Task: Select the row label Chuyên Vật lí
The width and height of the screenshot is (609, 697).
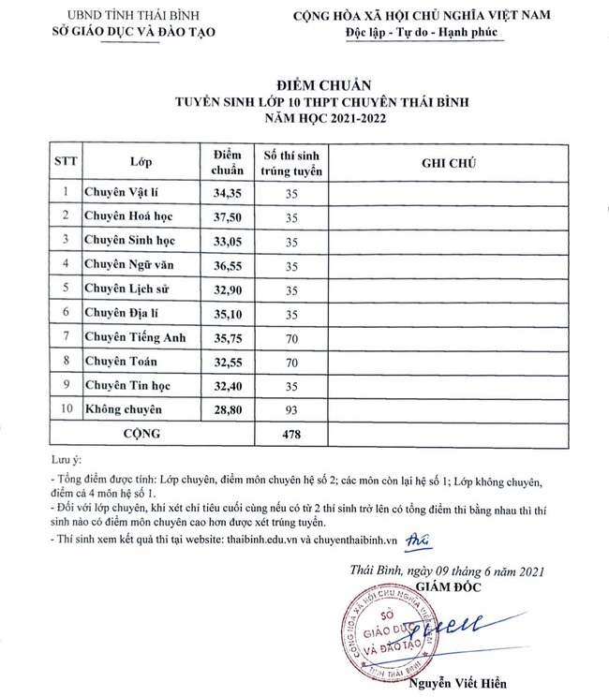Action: point(122,193)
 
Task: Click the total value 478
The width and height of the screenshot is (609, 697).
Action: point(290,434)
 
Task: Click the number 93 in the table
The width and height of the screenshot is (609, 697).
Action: point(290,409)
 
